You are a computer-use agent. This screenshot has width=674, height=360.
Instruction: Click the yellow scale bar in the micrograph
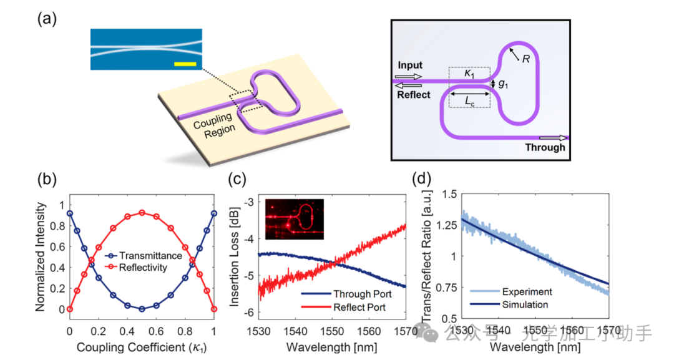[185, 64]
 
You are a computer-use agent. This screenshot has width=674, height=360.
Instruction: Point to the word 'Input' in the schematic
[409, 65]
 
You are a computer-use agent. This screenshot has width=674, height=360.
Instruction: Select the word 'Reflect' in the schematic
[413, 95]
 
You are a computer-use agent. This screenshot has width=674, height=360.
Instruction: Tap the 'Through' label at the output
[544, 148]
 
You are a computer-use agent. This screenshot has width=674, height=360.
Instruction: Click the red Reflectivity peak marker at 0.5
[142, 213]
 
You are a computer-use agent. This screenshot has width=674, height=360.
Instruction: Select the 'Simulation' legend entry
[525, 305]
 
